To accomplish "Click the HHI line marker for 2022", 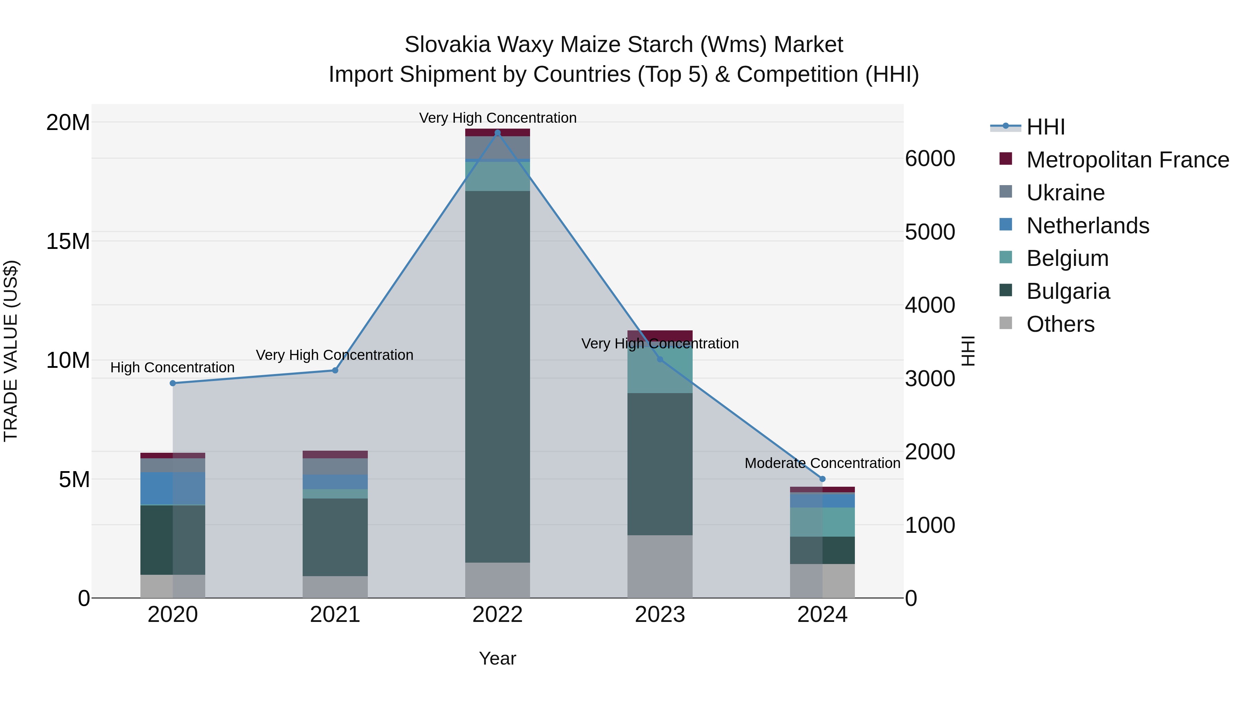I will click(497, 133).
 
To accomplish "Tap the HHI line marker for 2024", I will click(822, 479).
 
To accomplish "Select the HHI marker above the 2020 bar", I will click(173, 383).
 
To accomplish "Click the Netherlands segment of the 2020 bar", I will click(173, 488).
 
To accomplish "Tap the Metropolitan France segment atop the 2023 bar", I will click(659, 335).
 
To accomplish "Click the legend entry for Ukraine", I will click(1065, 193).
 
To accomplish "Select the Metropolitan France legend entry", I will click(1127, 160).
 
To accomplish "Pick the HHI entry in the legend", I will click(1046, 127).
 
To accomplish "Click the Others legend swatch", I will click(1006, 323).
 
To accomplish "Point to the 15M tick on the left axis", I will click(68, 241).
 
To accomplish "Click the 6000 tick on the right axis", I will click(930, 159).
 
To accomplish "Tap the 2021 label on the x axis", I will click(335, 615).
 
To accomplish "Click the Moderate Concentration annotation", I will click(822, 463).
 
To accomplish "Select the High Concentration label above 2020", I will click(173, 368).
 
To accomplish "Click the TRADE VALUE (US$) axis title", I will click(11, 351).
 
